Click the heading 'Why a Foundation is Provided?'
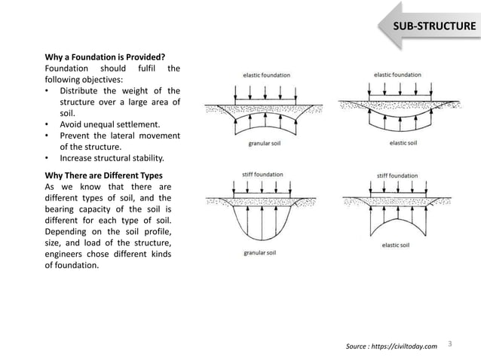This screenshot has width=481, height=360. coord(105,56)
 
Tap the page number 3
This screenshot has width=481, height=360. coord(449,344)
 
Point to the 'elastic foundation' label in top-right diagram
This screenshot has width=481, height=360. coord(397,75)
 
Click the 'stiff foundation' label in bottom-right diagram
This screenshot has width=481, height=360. coord(397,176)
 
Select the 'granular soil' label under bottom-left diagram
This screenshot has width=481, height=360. coord(261,253)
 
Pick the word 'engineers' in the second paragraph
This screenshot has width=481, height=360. coord(68,254)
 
